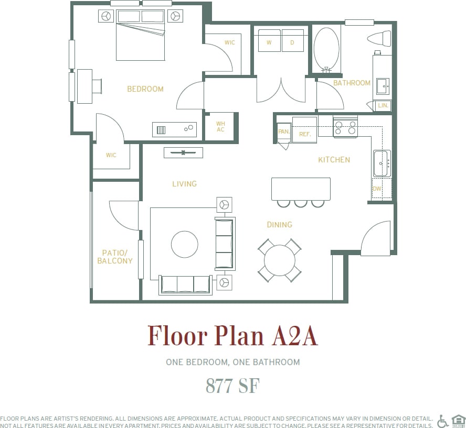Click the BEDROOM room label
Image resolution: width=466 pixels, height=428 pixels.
[145, 89]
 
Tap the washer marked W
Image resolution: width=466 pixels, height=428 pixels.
[269, 41]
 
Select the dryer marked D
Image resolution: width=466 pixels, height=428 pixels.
[293, 41]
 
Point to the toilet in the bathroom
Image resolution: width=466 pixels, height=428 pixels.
[379, 38]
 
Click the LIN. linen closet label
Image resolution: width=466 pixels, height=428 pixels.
[383, 106]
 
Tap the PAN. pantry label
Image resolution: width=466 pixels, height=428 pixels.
[283, 132]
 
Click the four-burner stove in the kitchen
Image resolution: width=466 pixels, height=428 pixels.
[345, 127]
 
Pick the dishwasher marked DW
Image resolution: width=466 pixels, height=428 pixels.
[377, 189]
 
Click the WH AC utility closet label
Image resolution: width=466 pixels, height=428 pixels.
[220, 127]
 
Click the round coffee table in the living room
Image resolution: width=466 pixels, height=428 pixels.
[185, 244]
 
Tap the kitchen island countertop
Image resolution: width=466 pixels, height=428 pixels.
[301, 189]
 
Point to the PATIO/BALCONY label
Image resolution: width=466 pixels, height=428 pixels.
[114, 257]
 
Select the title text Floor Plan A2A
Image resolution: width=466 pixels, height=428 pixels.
[232, 336]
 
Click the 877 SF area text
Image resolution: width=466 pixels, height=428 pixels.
[232, 386]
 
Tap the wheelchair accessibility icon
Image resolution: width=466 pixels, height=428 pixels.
[443, 421]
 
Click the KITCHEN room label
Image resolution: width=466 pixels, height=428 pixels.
[334, 160]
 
